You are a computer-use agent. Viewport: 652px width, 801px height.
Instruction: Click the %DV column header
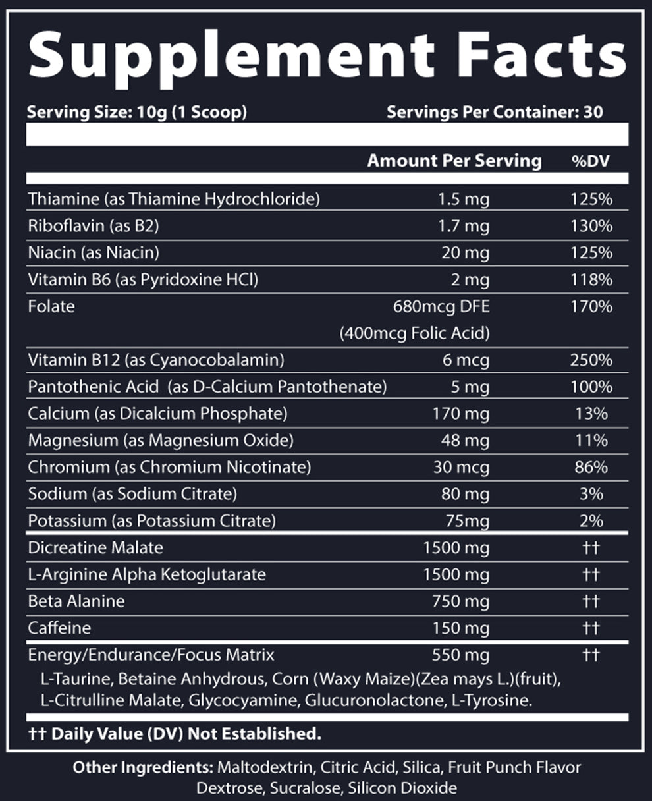pyautogui.click(x=591, y=161)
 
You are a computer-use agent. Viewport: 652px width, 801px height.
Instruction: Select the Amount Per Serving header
pyautogui.click(x=454, y=161)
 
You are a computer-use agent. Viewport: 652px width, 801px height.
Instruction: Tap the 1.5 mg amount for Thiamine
pyautogui.click(x=464, y=199)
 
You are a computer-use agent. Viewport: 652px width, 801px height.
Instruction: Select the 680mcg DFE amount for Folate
pyautogui.click(x=441, y=306)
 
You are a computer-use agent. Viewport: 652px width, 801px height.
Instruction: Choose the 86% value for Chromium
pyautogui.click(x=591, y=468)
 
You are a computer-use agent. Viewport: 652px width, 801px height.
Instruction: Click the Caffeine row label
pyautogui.click(x=59, y=628)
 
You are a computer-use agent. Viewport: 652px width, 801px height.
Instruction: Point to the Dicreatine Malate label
pyautogui.click(x=95, y=548)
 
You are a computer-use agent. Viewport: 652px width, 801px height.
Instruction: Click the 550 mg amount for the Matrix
pyautogui.click(x=460, y=655)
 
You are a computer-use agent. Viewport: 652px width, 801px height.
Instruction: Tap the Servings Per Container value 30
pyautogui.click(x=593, y=112)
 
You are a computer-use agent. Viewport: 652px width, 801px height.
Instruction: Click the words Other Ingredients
pyautogui.click(x=142, y=768)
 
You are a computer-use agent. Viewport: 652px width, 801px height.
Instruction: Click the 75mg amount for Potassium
pyautogui.click(x=468, y=521)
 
